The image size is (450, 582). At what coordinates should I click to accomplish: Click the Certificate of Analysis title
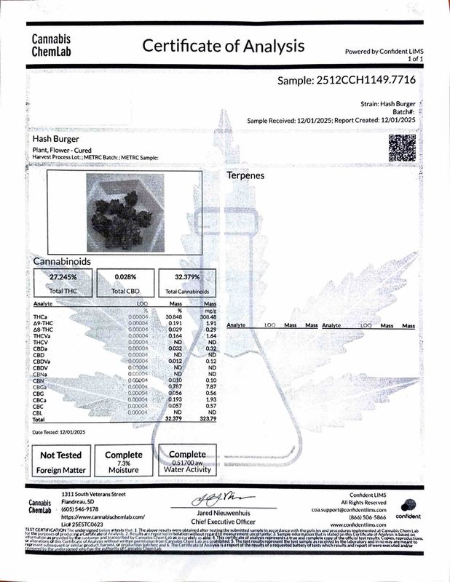[x=223, y=47]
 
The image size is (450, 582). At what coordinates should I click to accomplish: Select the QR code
[x=402, y=148]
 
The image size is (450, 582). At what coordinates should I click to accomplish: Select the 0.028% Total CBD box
[x=126, y=283]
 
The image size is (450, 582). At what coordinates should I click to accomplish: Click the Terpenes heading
[x=245, y=176]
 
